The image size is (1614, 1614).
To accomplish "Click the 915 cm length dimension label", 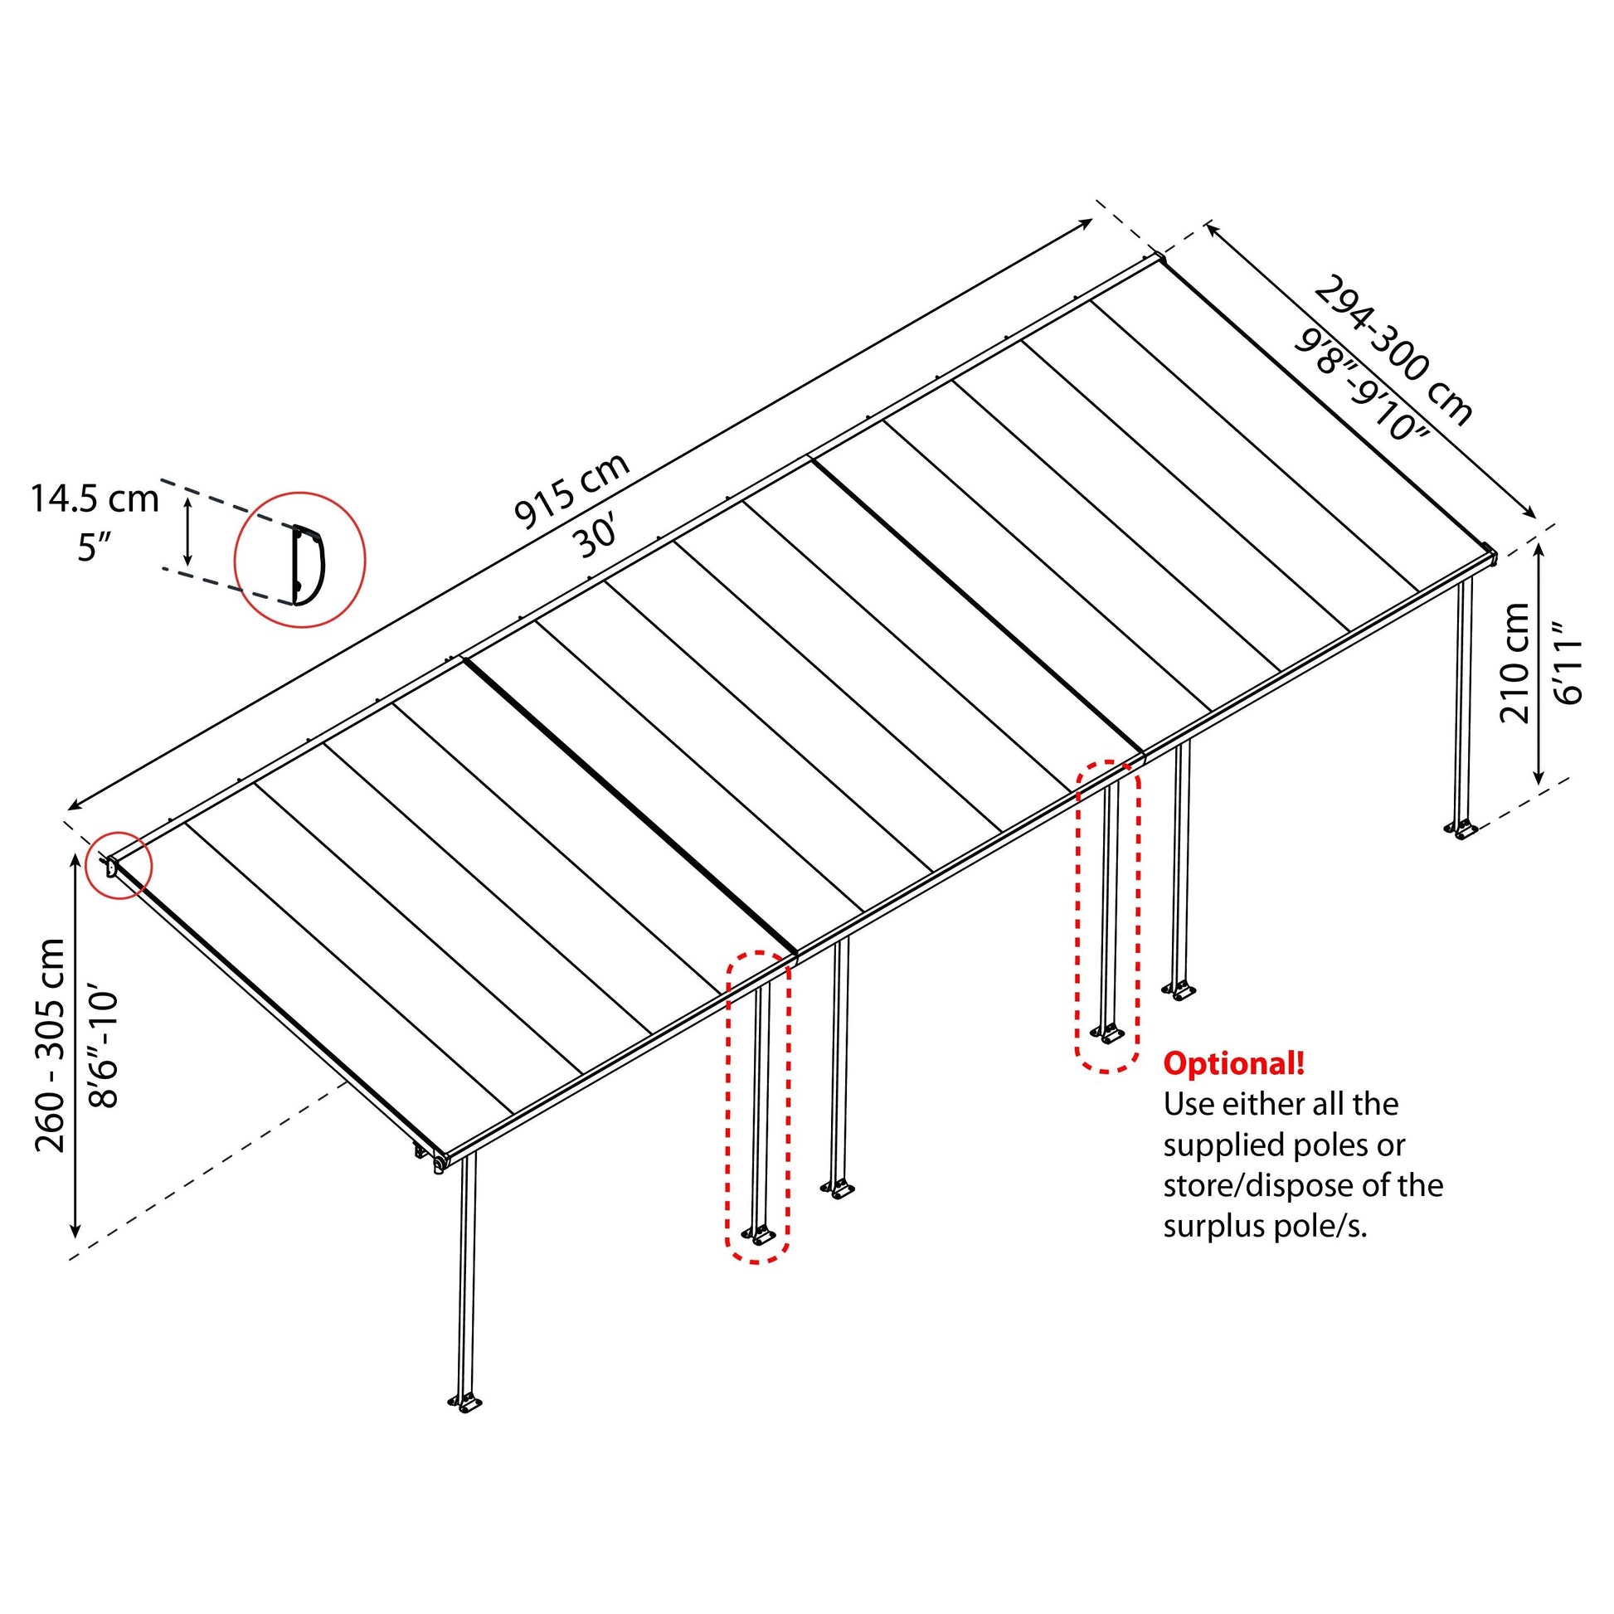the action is (x=572, y=491).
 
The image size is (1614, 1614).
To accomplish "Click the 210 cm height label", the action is (x=1514, y=663).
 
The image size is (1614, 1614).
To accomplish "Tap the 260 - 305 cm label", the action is (x=51, y=1045).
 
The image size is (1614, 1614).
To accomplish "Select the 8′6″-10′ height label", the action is (x=105, y=1050).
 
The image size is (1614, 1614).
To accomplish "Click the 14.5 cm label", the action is (x=95, y=499).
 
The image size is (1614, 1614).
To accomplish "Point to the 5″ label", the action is (x=95, y=548).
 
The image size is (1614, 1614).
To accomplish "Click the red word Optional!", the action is (x=1233, y=1064).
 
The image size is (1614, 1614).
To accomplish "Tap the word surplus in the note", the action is (x=1216, y=1228).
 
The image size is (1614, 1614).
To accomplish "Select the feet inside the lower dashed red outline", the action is (x=757, y=1235).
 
